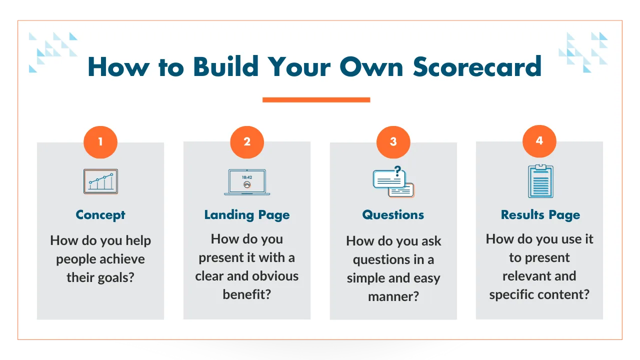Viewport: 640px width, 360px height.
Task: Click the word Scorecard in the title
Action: click(477, 66)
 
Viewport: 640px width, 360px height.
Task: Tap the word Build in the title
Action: click(225, 66)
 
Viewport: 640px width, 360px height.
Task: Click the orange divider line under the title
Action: click(316, 99)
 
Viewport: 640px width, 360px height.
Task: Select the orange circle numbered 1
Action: click(100, 142)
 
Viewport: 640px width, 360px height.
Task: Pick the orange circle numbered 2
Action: click(247, 142)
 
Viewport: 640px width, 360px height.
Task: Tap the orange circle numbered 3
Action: click(393, 142)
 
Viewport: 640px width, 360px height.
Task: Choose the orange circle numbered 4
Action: click(539, 141)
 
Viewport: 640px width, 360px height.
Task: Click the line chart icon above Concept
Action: click(100, 181)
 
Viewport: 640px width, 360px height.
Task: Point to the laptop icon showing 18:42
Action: click(247, 182)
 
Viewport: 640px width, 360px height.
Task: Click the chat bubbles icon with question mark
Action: click(393, 181)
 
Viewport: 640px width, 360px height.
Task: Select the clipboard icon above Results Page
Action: click(540, 181)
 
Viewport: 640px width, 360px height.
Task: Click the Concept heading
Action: click(100, 215)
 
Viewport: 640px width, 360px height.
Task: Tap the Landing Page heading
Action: click(247, 215)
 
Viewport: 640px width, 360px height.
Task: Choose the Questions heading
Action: click(393, 215)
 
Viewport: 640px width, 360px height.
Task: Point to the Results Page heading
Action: click(540, 215)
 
